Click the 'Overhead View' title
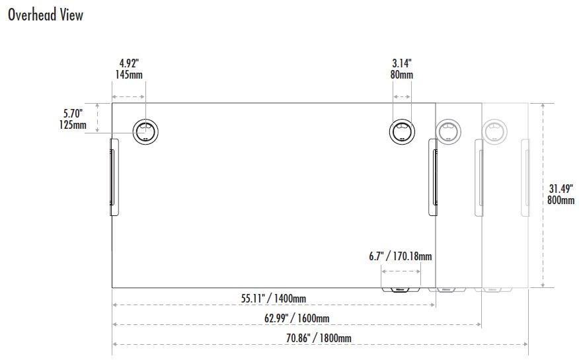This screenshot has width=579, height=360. pos(45,15)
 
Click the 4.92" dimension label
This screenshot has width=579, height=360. pos(129,63)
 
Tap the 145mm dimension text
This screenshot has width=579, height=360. pos(129,75)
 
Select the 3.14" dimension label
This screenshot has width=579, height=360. pos(401,63)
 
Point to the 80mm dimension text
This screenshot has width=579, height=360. pos(401,75)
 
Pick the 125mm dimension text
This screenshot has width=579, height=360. pos(73,125)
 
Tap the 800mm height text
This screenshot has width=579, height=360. pos(560,199)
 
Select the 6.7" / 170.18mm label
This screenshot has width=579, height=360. pos(401,256)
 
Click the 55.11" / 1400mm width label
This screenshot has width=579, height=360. pos(273,299)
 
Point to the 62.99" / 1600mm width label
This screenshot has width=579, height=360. pos(297,318)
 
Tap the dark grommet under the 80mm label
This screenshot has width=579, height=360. pos(401,131)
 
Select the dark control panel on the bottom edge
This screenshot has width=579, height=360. pos(401,289)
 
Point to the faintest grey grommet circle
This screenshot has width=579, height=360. pos(494,131)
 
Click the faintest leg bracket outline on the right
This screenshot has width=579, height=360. pos(525,177)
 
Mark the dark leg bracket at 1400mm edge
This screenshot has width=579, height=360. pos(434,177)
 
